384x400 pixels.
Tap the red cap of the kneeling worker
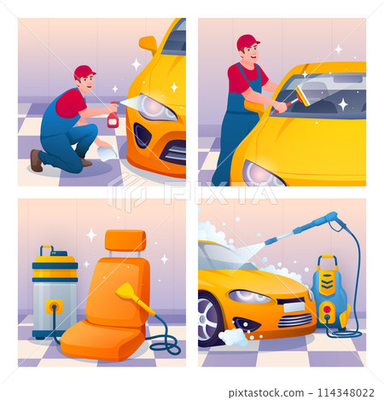coord(84,72)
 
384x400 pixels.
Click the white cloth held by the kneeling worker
coord(106,153)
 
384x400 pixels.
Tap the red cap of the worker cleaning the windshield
coord(247,42)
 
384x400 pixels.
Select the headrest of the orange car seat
coord(125,241)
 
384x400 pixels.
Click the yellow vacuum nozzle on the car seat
coord(129,293)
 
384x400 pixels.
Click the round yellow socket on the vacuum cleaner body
coord(54,305)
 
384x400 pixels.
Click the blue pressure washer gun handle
coord(325,221)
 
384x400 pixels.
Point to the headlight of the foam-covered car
coord(248,296)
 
